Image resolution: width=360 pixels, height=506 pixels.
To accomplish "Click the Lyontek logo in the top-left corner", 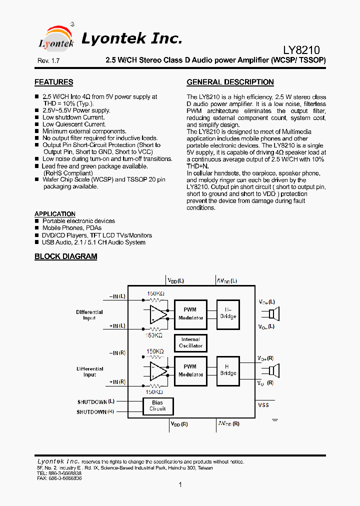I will pos(56,37).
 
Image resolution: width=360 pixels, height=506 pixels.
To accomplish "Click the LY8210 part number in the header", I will pos(301,50).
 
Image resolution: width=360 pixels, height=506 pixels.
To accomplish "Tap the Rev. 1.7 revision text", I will pos(48,60).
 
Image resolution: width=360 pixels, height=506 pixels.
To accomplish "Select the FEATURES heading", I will pos(53,82).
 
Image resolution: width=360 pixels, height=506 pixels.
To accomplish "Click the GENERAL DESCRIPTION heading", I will pos(230,82).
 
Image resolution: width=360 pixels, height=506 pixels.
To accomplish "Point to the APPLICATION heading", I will pos(55,214).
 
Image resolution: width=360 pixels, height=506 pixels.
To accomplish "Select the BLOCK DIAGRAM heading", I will pos(65,256).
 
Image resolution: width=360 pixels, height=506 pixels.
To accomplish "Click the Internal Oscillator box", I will pos(190,342).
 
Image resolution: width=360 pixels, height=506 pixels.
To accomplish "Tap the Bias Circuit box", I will pos(157,405).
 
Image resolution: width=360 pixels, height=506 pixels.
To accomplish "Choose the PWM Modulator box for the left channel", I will pos(190,314).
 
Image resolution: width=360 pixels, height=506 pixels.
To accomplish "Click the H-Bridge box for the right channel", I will pos(228,370).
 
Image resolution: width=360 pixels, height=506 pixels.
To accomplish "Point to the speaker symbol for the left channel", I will pos(272,314).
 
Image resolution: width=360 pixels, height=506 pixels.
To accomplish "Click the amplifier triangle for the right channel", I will pos(158,370).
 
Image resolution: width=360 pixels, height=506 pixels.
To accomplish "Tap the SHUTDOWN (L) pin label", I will pos(96,401).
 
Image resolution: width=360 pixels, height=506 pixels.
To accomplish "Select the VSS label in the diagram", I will pos(264,405).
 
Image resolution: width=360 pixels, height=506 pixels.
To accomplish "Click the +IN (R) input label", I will pos(117,382).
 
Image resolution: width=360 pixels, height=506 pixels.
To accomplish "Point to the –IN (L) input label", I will pos(117,296).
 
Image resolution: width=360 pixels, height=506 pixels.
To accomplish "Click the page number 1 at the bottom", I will pos(180,484).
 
